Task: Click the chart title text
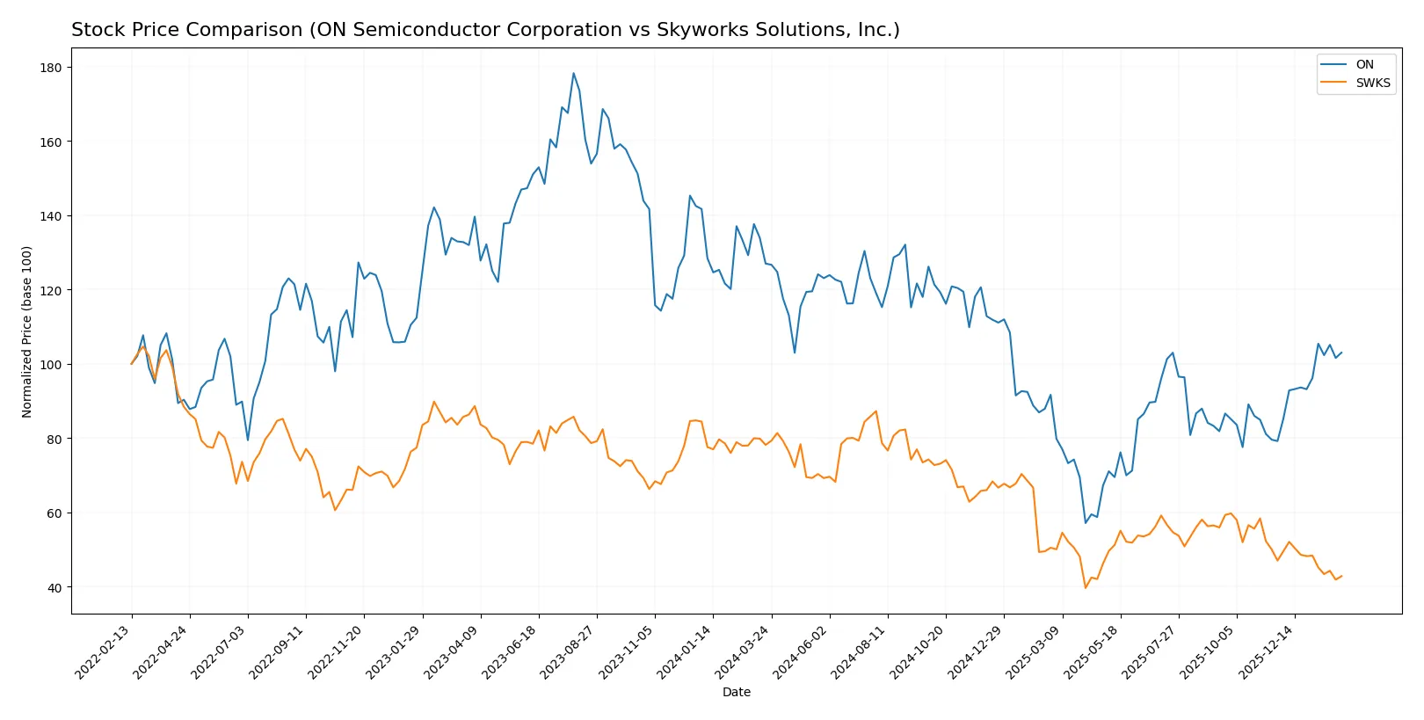pyautogui.click(x=485, y=30)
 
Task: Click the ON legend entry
pyautogui.click(x=1363, y=64)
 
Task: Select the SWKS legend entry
pyautogui.click(x=1372, y=83)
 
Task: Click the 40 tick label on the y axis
pyautogui.click(x=54, y=587)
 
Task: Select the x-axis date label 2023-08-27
pyautogui.click(x=569, y=651)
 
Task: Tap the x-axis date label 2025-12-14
pyautogui.click(x=1267, y=651)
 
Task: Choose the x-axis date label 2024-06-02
pyautogui.click(x=802, y=651)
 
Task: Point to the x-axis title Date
pyautogui.click(x=736, y=692)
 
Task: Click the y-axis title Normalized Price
pyautogui.click(x=27, y=331)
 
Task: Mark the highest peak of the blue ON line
pyautogui.click(x=573, y=73)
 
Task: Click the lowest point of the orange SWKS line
pyautogui.click(x=1086, y=587)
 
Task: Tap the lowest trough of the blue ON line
pyautogui.click(x=1086, y=523)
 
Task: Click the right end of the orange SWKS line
pyautogui.click(x=1341, y=576)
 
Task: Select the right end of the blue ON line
pyautogui.click(x=1341, y=353)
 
